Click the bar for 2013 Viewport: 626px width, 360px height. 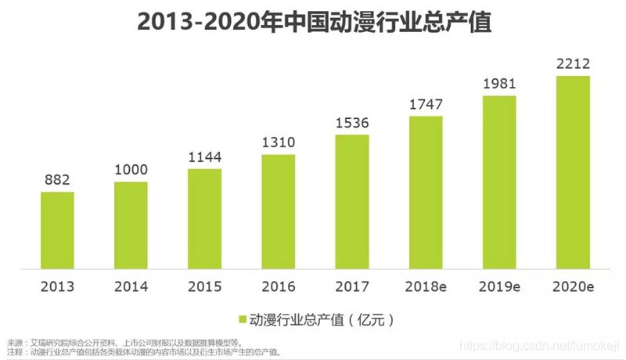pos(57,229)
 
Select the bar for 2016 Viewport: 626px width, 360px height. pos(279,211)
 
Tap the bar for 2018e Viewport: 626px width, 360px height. pos(426,192)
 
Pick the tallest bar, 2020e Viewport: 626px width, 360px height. pos(574,171)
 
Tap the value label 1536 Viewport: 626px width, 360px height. pos(352,122)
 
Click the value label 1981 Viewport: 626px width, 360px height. pos(499,83)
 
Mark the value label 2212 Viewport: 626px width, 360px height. pos(574,63)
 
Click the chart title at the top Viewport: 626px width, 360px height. pos(313,23)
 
